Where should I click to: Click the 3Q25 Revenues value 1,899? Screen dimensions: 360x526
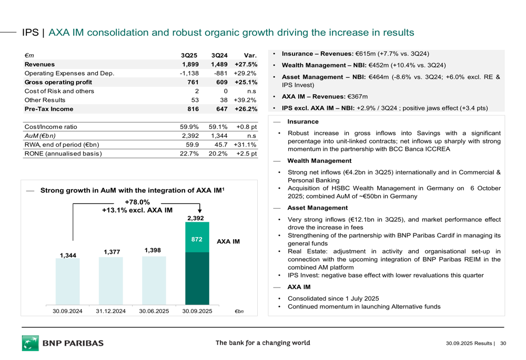click(x=189, y=64)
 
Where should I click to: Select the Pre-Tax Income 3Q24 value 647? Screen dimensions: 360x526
click(x=220, y=109)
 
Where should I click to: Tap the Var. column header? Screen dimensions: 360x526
click(x=250, y=55)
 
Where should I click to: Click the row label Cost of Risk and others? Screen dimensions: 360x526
click(x=59, y=91)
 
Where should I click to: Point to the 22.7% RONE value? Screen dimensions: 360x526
click(x=189, y=154)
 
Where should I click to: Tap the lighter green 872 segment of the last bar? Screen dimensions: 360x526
click(x=197, y=240)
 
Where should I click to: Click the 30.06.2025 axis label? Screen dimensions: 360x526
click(x=154, y=311)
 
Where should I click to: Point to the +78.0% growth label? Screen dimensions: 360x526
click(x=137, y=202)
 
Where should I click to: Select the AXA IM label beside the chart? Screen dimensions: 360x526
click(x=228, y=242)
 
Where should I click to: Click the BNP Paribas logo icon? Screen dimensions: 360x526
click(x=30, y=343)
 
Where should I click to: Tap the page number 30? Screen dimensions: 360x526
click(x=503, y=344)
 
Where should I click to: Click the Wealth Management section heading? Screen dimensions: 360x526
click(x=319, y=161)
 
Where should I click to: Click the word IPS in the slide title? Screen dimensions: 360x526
click(x=31, y=33)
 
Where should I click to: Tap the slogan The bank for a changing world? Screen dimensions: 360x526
click(x=262, y=343)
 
